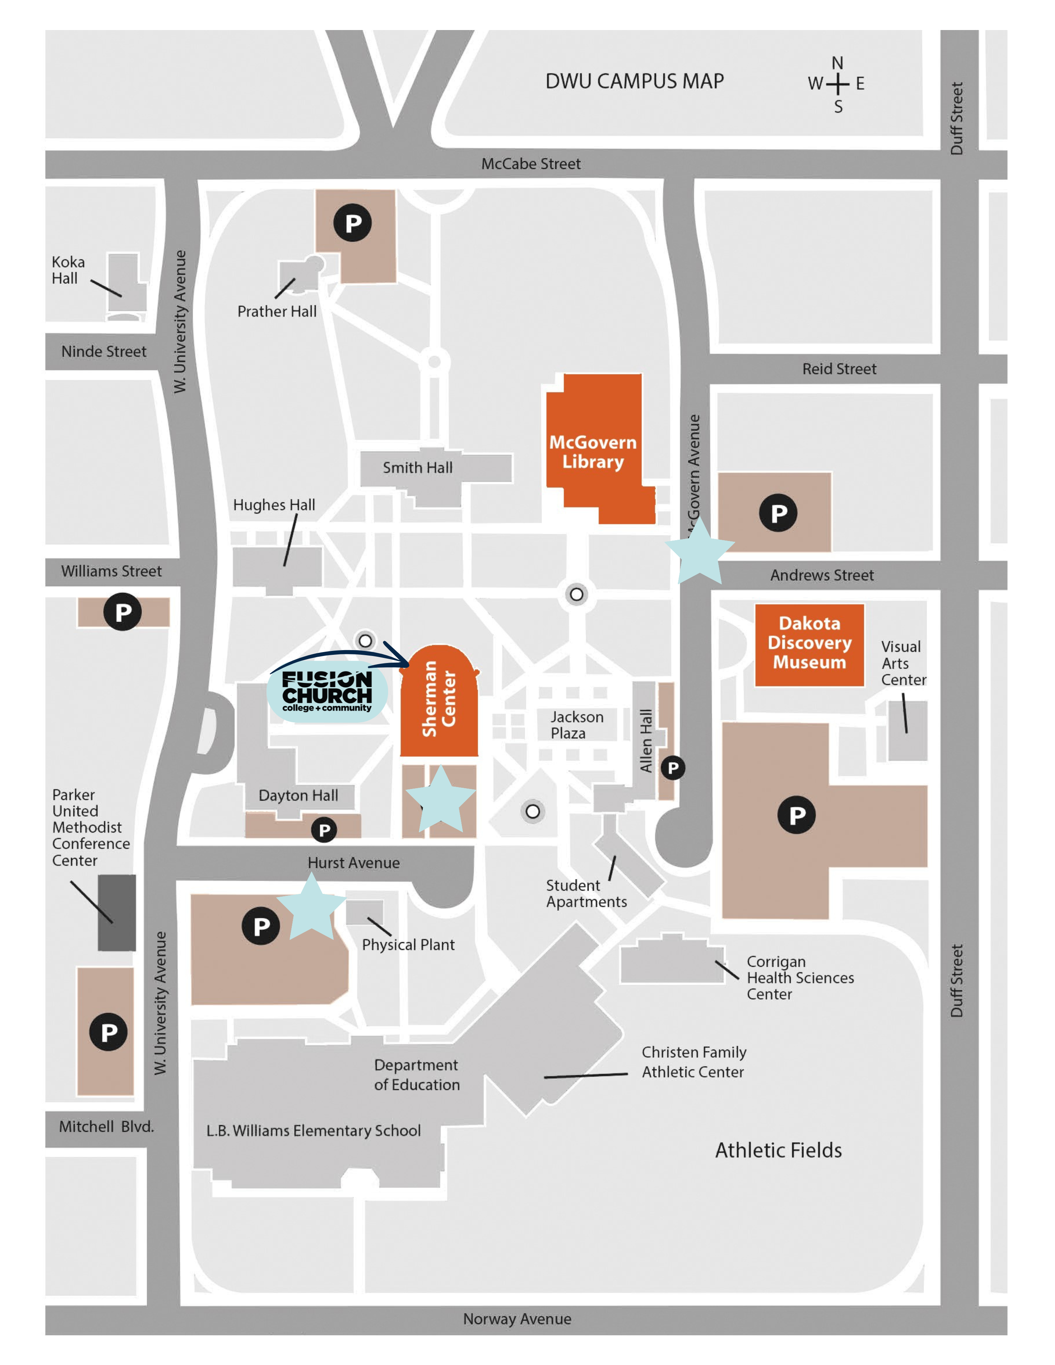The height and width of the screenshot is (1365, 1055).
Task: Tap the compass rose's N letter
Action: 837,63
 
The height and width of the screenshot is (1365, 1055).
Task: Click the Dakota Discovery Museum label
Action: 809,642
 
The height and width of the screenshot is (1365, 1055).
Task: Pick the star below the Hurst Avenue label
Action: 310,907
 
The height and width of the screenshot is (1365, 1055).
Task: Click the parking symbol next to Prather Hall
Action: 353,223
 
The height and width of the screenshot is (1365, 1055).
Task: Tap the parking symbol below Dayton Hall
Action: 324,830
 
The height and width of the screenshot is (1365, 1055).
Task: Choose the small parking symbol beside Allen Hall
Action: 672,768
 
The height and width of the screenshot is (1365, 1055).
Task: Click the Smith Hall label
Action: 417,468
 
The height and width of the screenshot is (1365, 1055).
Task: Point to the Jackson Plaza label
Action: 576,725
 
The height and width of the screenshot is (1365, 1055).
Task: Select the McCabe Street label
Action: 531,164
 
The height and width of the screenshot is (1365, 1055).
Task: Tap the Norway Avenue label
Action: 517,1319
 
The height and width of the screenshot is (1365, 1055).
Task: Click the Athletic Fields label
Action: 778,1150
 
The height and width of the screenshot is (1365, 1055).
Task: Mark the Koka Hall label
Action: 67,270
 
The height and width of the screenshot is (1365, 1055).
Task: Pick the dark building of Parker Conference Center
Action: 117,913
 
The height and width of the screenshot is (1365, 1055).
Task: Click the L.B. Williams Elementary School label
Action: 313,1131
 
